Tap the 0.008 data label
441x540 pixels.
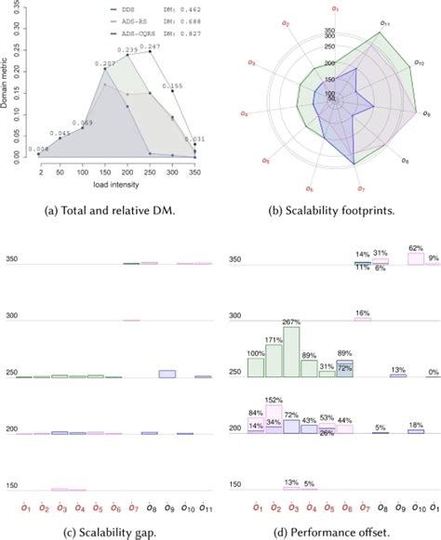(x=38, y=149)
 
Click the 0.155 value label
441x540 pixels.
(x=174, y=86)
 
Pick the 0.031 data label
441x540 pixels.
(x=196, y=138)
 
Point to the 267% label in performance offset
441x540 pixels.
(x=291, y=322)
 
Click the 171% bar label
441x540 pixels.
(x=274, y=340)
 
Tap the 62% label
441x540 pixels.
(x=416, y=248)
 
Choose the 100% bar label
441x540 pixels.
(x=255, y=353)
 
